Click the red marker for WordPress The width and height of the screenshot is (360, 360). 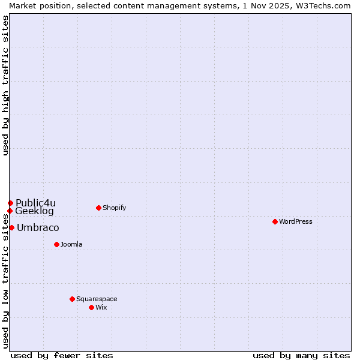click(275, 221)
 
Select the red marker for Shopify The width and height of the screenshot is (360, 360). click(98, 208)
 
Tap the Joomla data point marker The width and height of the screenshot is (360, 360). click(56, 244)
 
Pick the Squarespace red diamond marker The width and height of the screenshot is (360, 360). click(72, 299)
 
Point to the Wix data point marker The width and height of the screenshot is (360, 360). click(91, 307)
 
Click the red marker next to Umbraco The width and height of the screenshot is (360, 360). click(11, 227)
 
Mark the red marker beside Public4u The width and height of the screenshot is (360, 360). click(10, 203)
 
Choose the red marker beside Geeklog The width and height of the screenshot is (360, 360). click(10, 211)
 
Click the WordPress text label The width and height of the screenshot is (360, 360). click(296, 221)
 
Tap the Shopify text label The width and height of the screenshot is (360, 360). click(114, 208)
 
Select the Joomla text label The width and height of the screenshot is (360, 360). click(71, 244)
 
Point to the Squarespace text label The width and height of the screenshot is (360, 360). click(97, 299)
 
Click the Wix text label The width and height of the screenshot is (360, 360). click(101, 307)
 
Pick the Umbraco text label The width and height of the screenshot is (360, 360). click(38, 227)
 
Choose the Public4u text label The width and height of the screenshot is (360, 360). click(35, 203)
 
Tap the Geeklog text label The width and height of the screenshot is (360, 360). click(34, 211)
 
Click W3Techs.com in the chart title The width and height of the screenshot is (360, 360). click(325, 5)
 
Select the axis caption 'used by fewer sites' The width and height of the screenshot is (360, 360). click(62, 355)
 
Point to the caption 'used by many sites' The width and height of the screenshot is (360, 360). click(301, 355)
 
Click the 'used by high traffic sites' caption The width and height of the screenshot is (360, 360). click(5, 86)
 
